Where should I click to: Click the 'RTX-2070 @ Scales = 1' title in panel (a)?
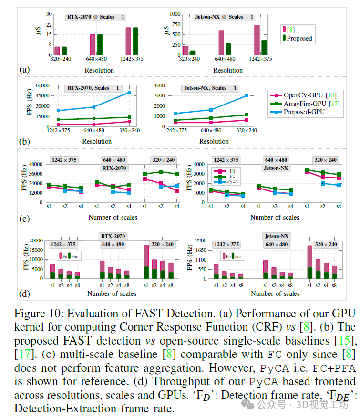click(x=96, y=17)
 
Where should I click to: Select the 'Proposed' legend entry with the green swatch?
click(x=299, y=38)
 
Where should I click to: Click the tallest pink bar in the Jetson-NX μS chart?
click(x=257, y=41)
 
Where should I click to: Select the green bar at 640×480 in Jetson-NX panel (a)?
click(x=228, y=49)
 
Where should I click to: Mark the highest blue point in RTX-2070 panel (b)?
click(x=129, y=92)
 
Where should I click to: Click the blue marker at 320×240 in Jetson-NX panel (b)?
click(x=247, y=95)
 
